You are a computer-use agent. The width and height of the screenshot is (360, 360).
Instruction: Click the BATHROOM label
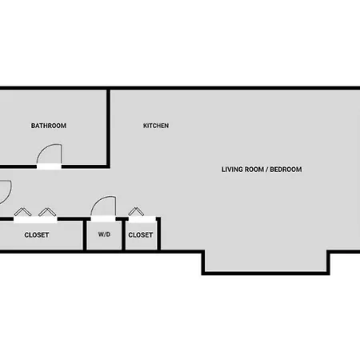49,126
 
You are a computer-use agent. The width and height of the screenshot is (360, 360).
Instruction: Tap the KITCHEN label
156,126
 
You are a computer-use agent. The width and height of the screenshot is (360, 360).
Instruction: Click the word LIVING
232,170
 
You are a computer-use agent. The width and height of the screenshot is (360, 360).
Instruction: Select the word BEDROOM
286,170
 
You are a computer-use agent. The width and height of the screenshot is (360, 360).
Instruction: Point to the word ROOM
254,170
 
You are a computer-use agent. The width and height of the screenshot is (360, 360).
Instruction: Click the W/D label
104,234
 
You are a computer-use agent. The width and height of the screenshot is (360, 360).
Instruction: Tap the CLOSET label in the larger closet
37,235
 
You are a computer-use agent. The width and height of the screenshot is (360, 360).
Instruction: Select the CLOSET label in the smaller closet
141,235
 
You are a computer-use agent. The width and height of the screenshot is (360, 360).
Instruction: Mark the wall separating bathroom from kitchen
109,128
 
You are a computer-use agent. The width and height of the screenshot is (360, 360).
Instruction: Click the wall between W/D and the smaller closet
123,234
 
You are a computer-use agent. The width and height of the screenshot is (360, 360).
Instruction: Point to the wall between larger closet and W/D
85,234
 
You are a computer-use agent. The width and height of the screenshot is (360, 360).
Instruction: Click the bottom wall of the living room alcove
266,273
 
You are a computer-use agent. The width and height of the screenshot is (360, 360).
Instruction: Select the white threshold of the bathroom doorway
49,166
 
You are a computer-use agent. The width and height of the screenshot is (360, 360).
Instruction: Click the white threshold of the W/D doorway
103,218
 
